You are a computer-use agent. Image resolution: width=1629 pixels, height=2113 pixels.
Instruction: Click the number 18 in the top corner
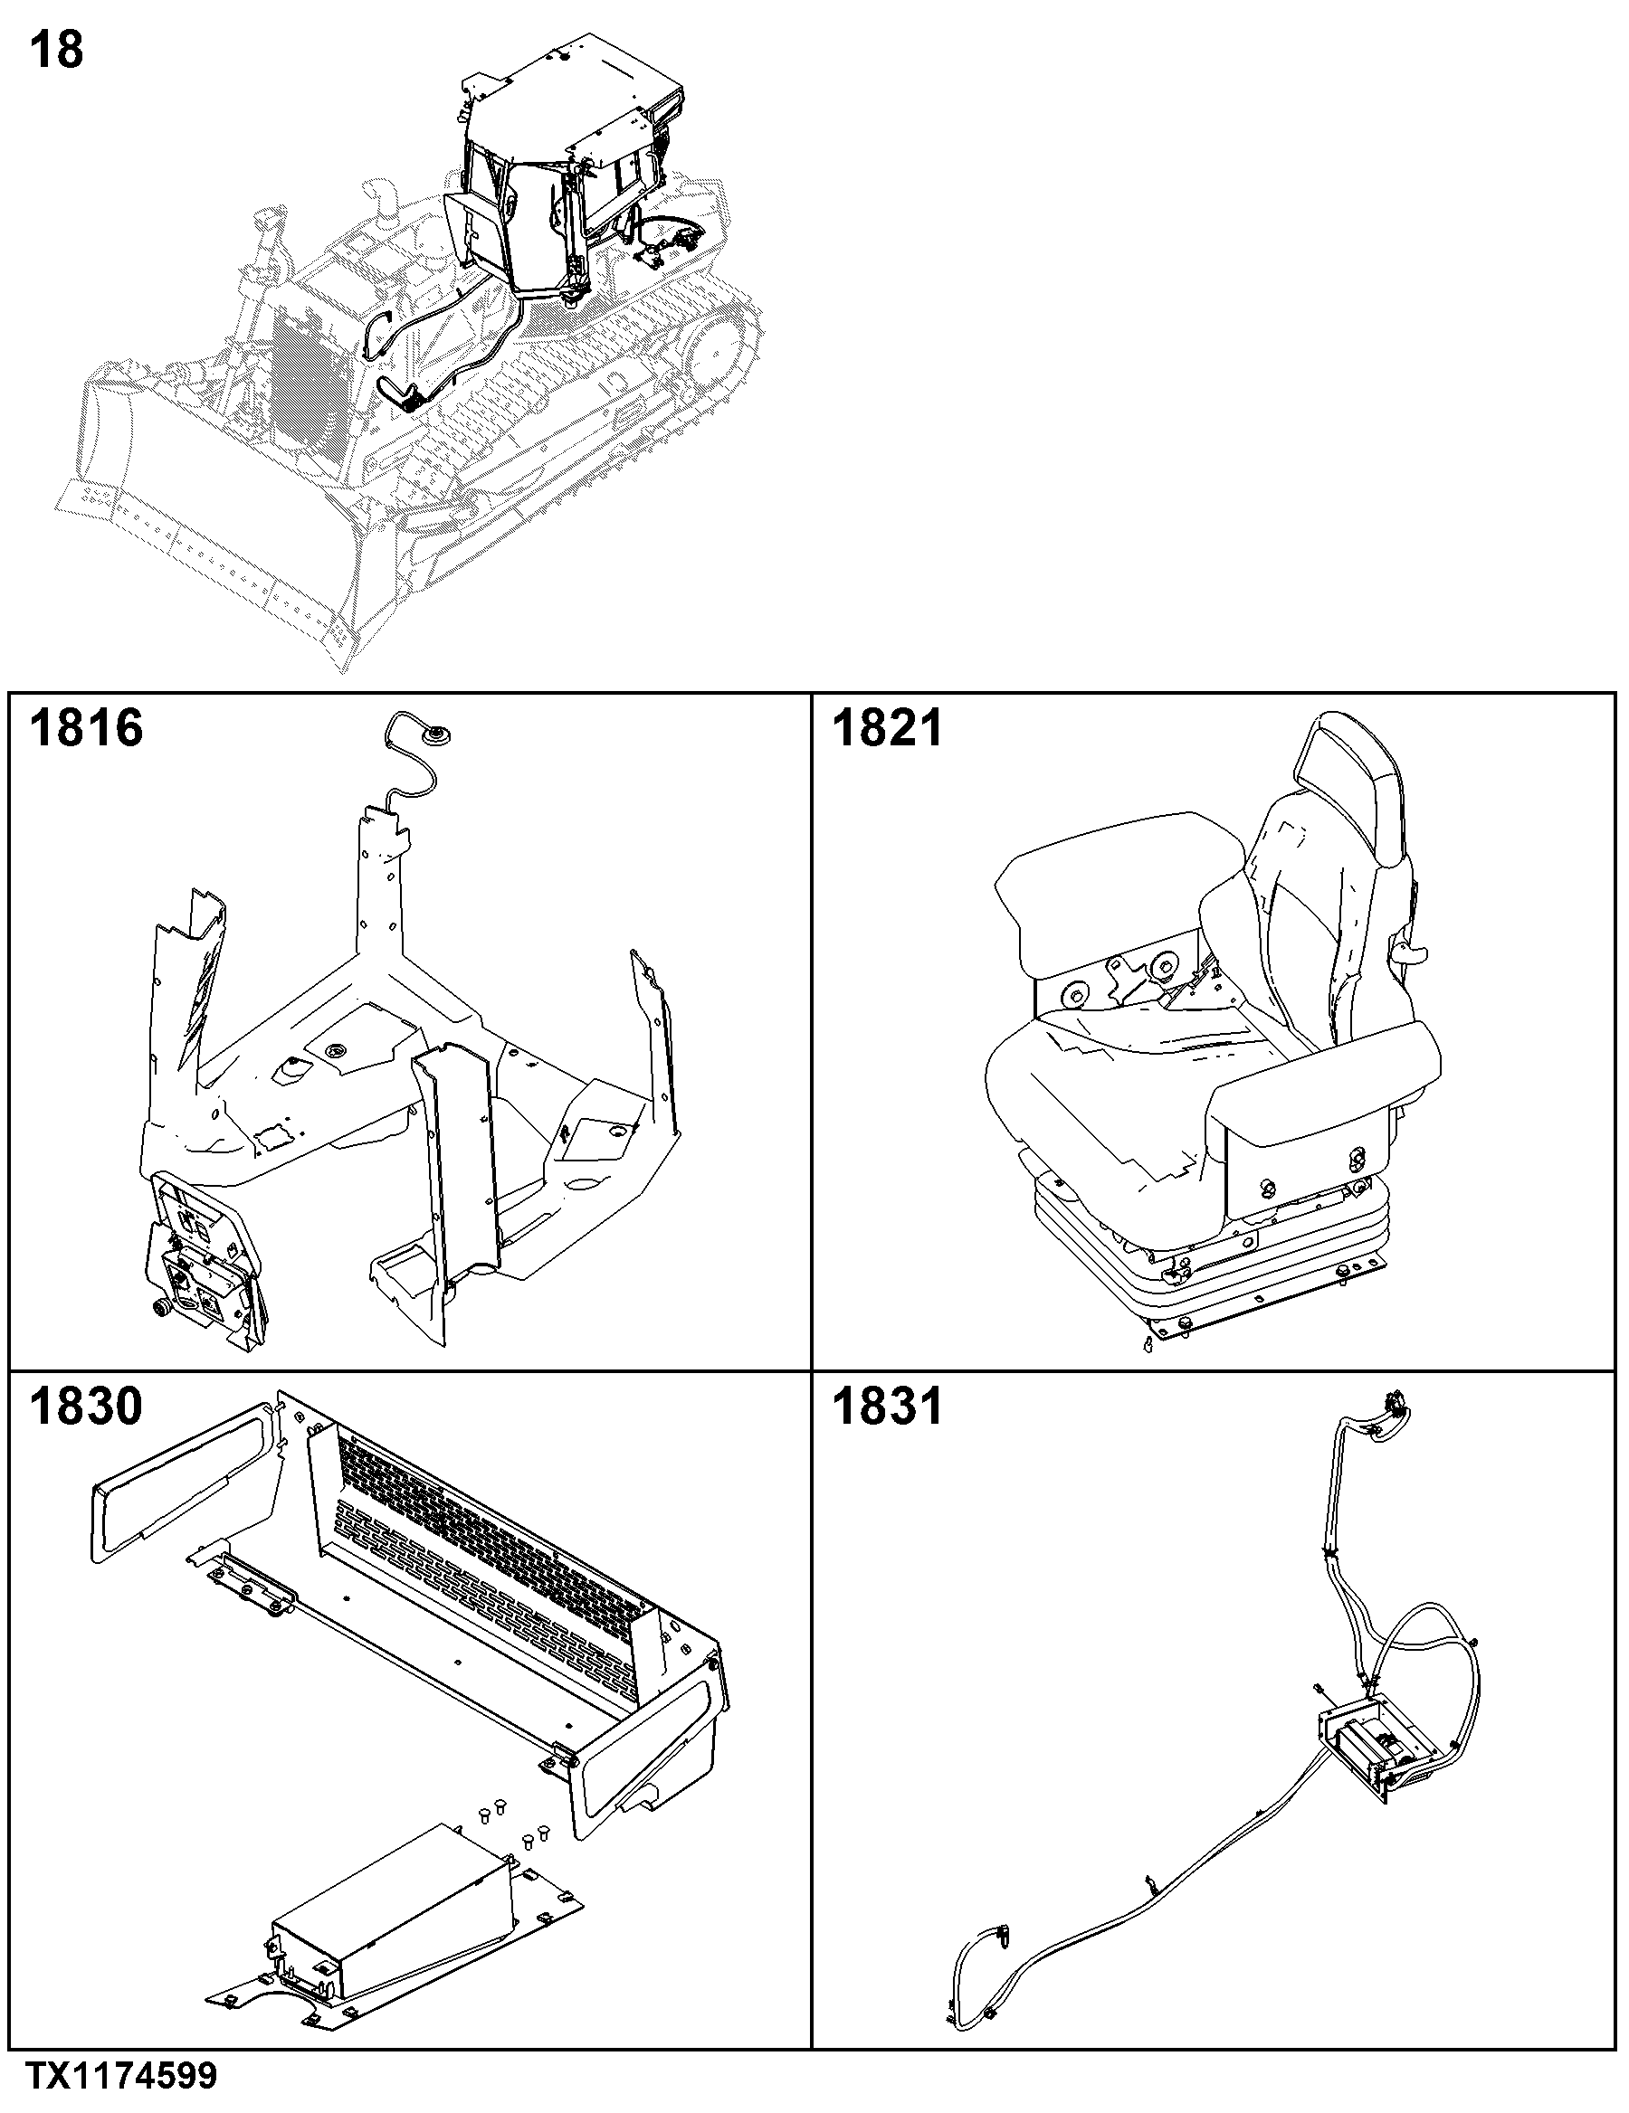tap(56, 51)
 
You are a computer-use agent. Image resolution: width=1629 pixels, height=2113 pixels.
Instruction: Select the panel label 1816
tap(86, 728)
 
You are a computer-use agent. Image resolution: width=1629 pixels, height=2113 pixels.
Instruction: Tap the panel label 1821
tap(887, 728)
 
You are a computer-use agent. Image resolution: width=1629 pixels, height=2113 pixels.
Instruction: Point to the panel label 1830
tap(86, 1407)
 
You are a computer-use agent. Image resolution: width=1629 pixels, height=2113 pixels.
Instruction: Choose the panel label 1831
tap(887, 1407)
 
